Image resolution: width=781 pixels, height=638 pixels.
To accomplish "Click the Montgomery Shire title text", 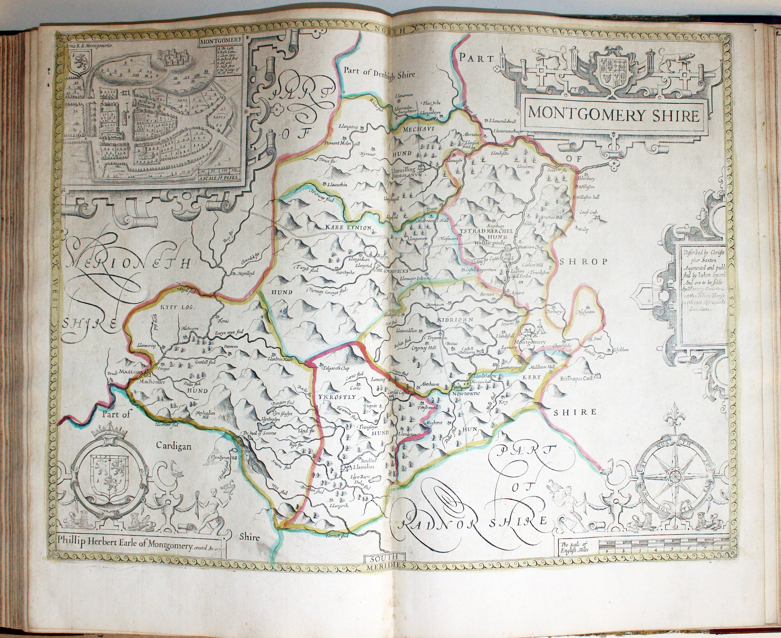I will click(613, 115).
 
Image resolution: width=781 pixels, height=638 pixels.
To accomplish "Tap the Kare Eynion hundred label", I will click(348, 228).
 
